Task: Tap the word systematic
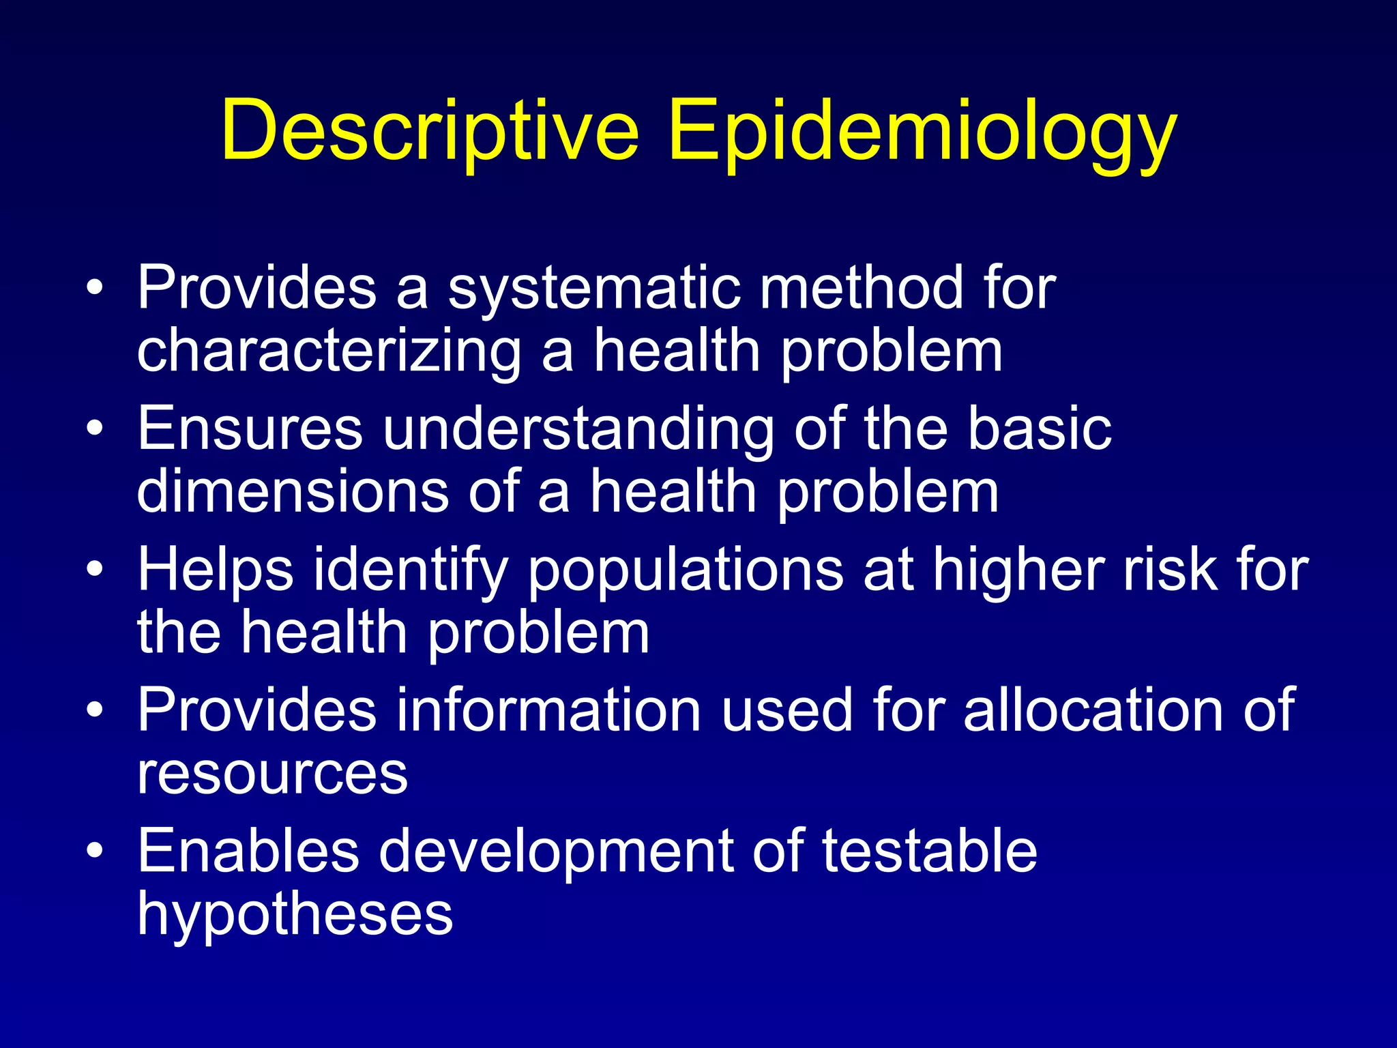593,288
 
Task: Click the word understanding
578,430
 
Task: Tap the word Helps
216,570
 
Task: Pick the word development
556,853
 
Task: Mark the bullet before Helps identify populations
95,568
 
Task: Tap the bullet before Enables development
95,850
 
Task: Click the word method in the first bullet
862,288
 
